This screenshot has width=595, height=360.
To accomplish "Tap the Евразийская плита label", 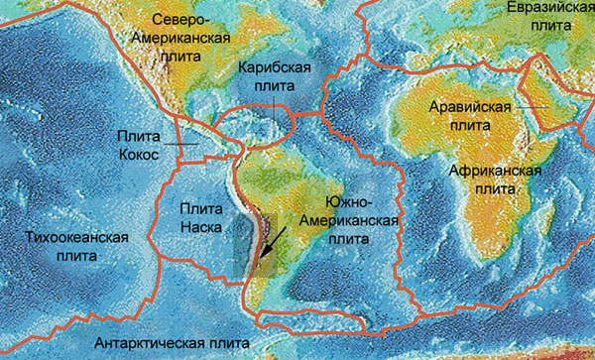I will pyautogui.click(x=543, y=17).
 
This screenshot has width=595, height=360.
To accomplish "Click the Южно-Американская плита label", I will pyautogui.click(x=362, y=222).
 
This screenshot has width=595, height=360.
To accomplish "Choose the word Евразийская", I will pyautogui.click(x=543, y=9).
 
